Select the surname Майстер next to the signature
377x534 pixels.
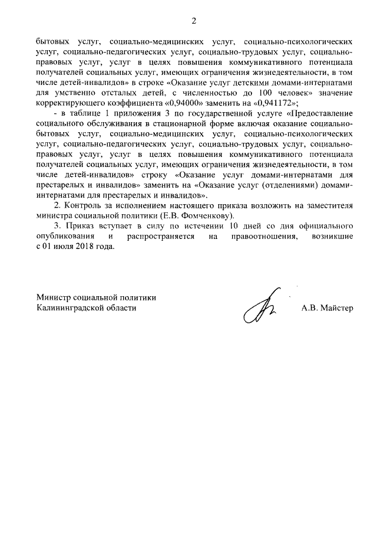tap(335, 308)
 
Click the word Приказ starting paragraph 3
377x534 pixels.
tap(83, 226)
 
